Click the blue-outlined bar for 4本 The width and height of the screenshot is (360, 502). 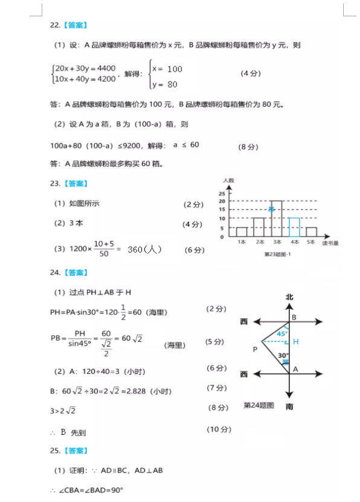[294, 227]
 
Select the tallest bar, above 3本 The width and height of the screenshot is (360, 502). [277, 218]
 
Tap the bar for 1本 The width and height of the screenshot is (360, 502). [242, 232]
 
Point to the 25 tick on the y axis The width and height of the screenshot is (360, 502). [222, 193]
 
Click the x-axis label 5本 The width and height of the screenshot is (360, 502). [311, 242]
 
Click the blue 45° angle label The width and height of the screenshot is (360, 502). [282, 333]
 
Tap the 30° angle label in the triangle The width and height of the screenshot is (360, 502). [284, 355]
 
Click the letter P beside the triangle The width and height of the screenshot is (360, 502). [255, 349]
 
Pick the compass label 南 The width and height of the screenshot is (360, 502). [289, 407]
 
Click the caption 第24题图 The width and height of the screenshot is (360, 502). [259, 405]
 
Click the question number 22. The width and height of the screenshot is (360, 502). [54, 25]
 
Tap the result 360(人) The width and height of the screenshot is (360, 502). [144, 249]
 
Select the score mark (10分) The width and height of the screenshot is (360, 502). [219, 430]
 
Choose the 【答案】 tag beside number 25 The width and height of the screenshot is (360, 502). [76, 451]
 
